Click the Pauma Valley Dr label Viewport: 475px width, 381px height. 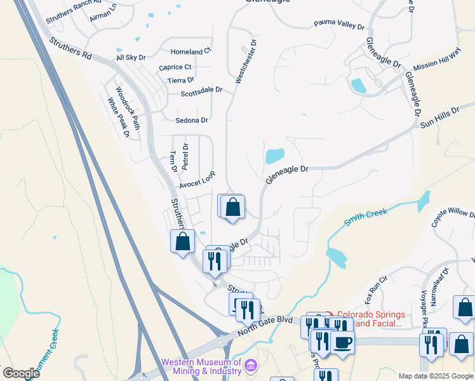339,26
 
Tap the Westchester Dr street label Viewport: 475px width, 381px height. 246,62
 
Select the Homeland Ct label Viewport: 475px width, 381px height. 191,51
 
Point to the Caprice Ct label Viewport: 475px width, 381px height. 175,67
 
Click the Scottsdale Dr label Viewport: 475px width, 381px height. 201,90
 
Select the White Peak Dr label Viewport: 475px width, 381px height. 119,117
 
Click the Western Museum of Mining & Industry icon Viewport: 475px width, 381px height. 250,366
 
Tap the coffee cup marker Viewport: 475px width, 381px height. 343,342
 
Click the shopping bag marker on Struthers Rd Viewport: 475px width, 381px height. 183,241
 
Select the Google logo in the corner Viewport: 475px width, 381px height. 20,373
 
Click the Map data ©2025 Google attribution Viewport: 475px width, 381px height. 436,376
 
